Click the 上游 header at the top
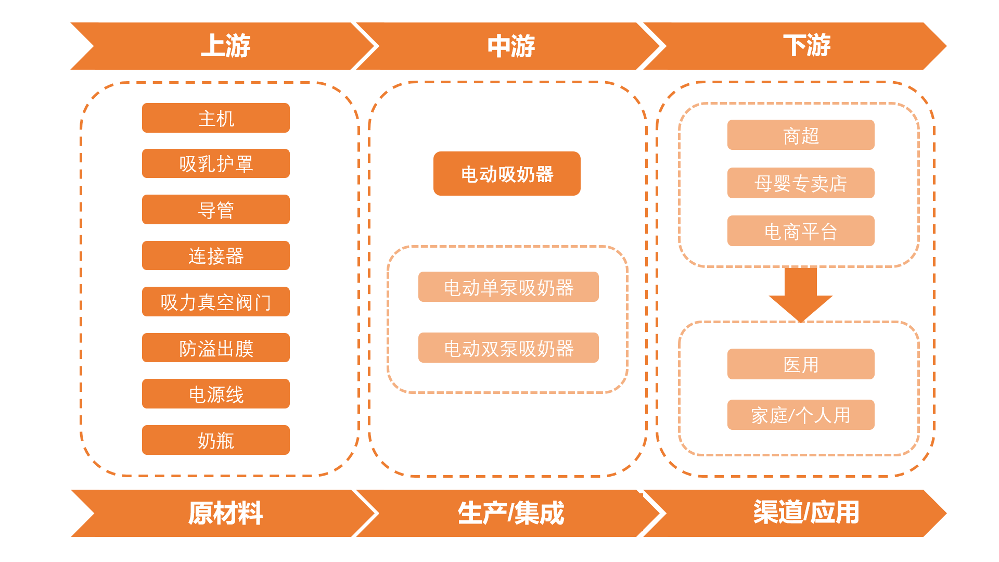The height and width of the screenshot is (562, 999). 225,46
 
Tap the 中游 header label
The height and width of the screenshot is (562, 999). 510,46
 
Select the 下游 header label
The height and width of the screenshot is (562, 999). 806,46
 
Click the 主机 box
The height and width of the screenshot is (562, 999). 216,118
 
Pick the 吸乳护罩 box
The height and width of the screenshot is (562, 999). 216,164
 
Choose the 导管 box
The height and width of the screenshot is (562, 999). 216,210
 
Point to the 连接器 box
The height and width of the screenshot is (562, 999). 216,256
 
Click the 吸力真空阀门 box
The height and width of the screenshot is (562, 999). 216,302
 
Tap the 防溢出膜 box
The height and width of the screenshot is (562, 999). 216,348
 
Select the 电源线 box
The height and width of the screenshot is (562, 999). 216,394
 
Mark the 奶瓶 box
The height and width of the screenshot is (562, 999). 216,440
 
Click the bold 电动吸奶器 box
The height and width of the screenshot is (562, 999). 507,174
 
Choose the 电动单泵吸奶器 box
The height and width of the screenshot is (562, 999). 508,287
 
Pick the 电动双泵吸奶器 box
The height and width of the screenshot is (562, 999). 508,348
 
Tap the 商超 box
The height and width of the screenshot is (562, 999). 801,135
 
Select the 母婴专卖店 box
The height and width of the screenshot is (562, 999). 801,183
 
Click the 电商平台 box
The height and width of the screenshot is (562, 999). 801,231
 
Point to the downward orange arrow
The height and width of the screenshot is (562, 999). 800,295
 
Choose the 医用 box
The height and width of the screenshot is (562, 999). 801,364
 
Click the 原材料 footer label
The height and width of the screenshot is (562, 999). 225,513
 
